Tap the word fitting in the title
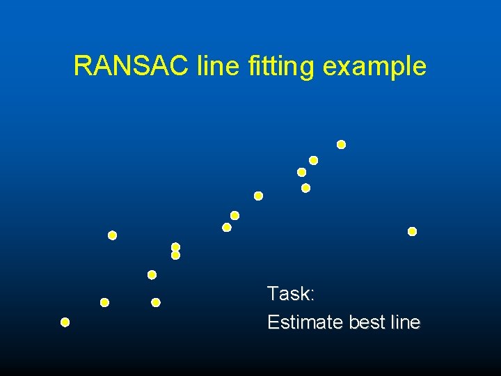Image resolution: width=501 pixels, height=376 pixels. (x=280, y=67)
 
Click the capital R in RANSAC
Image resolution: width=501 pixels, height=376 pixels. (x=82, y=66)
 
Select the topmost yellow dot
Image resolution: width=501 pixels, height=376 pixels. (x=341, y=145)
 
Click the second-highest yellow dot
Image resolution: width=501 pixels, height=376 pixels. (x=313, y=160)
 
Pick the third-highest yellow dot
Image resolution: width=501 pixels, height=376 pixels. (x=301, y=172)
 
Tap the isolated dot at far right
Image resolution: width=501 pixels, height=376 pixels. (x=412, y=231)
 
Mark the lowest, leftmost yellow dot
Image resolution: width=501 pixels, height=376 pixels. (x=65, y=322)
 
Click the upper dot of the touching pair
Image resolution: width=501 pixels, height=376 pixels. (x=175, y=246)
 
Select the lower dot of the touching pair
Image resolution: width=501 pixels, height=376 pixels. (x=175, y=256)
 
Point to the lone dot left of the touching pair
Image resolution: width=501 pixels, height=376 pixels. (x=112, y=235)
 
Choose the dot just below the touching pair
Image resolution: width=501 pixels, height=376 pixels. (x=152, y=274)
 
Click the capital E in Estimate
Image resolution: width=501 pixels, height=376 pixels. (x=273, y=322)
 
